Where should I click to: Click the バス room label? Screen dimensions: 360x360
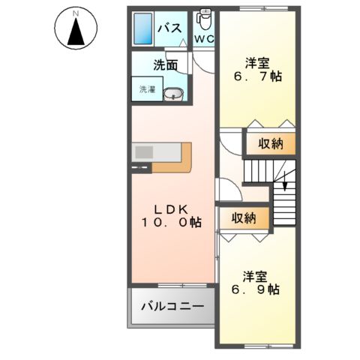[x=169, y=28]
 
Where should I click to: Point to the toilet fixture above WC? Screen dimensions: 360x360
[x=203, y=18]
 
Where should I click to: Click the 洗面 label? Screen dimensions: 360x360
[x=166, y=64]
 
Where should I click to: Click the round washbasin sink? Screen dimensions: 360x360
[x=174, y=94]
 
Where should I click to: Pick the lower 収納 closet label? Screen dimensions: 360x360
[x=243, y=218]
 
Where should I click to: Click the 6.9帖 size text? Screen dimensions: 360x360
[x=255, y=289]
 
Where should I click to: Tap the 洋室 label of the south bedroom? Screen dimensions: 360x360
[x=255, y=274]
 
